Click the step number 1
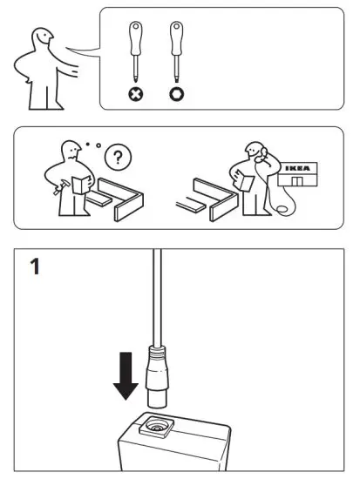[34, 266]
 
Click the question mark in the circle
[114, 157]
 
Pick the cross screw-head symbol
[136, 93]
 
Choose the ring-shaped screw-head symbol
[176, 93]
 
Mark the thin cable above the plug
[156, 296]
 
